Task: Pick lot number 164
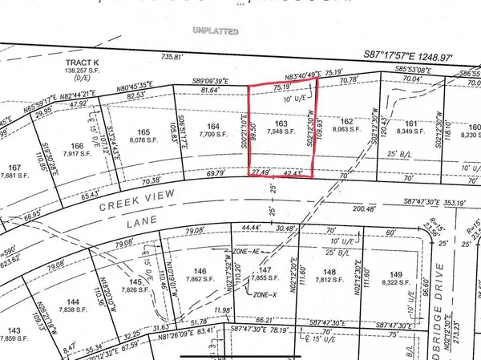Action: pyautogui.click(x=212, y=126)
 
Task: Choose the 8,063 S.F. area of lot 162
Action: pyautogui.click(x=347, y=138)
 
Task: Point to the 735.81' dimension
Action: pyautogui.click(x=172, y=57)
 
